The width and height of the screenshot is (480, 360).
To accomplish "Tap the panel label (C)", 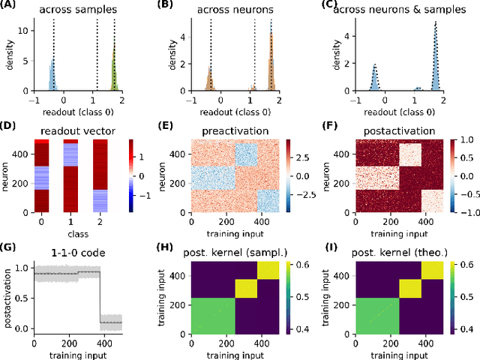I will pos(331,7).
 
